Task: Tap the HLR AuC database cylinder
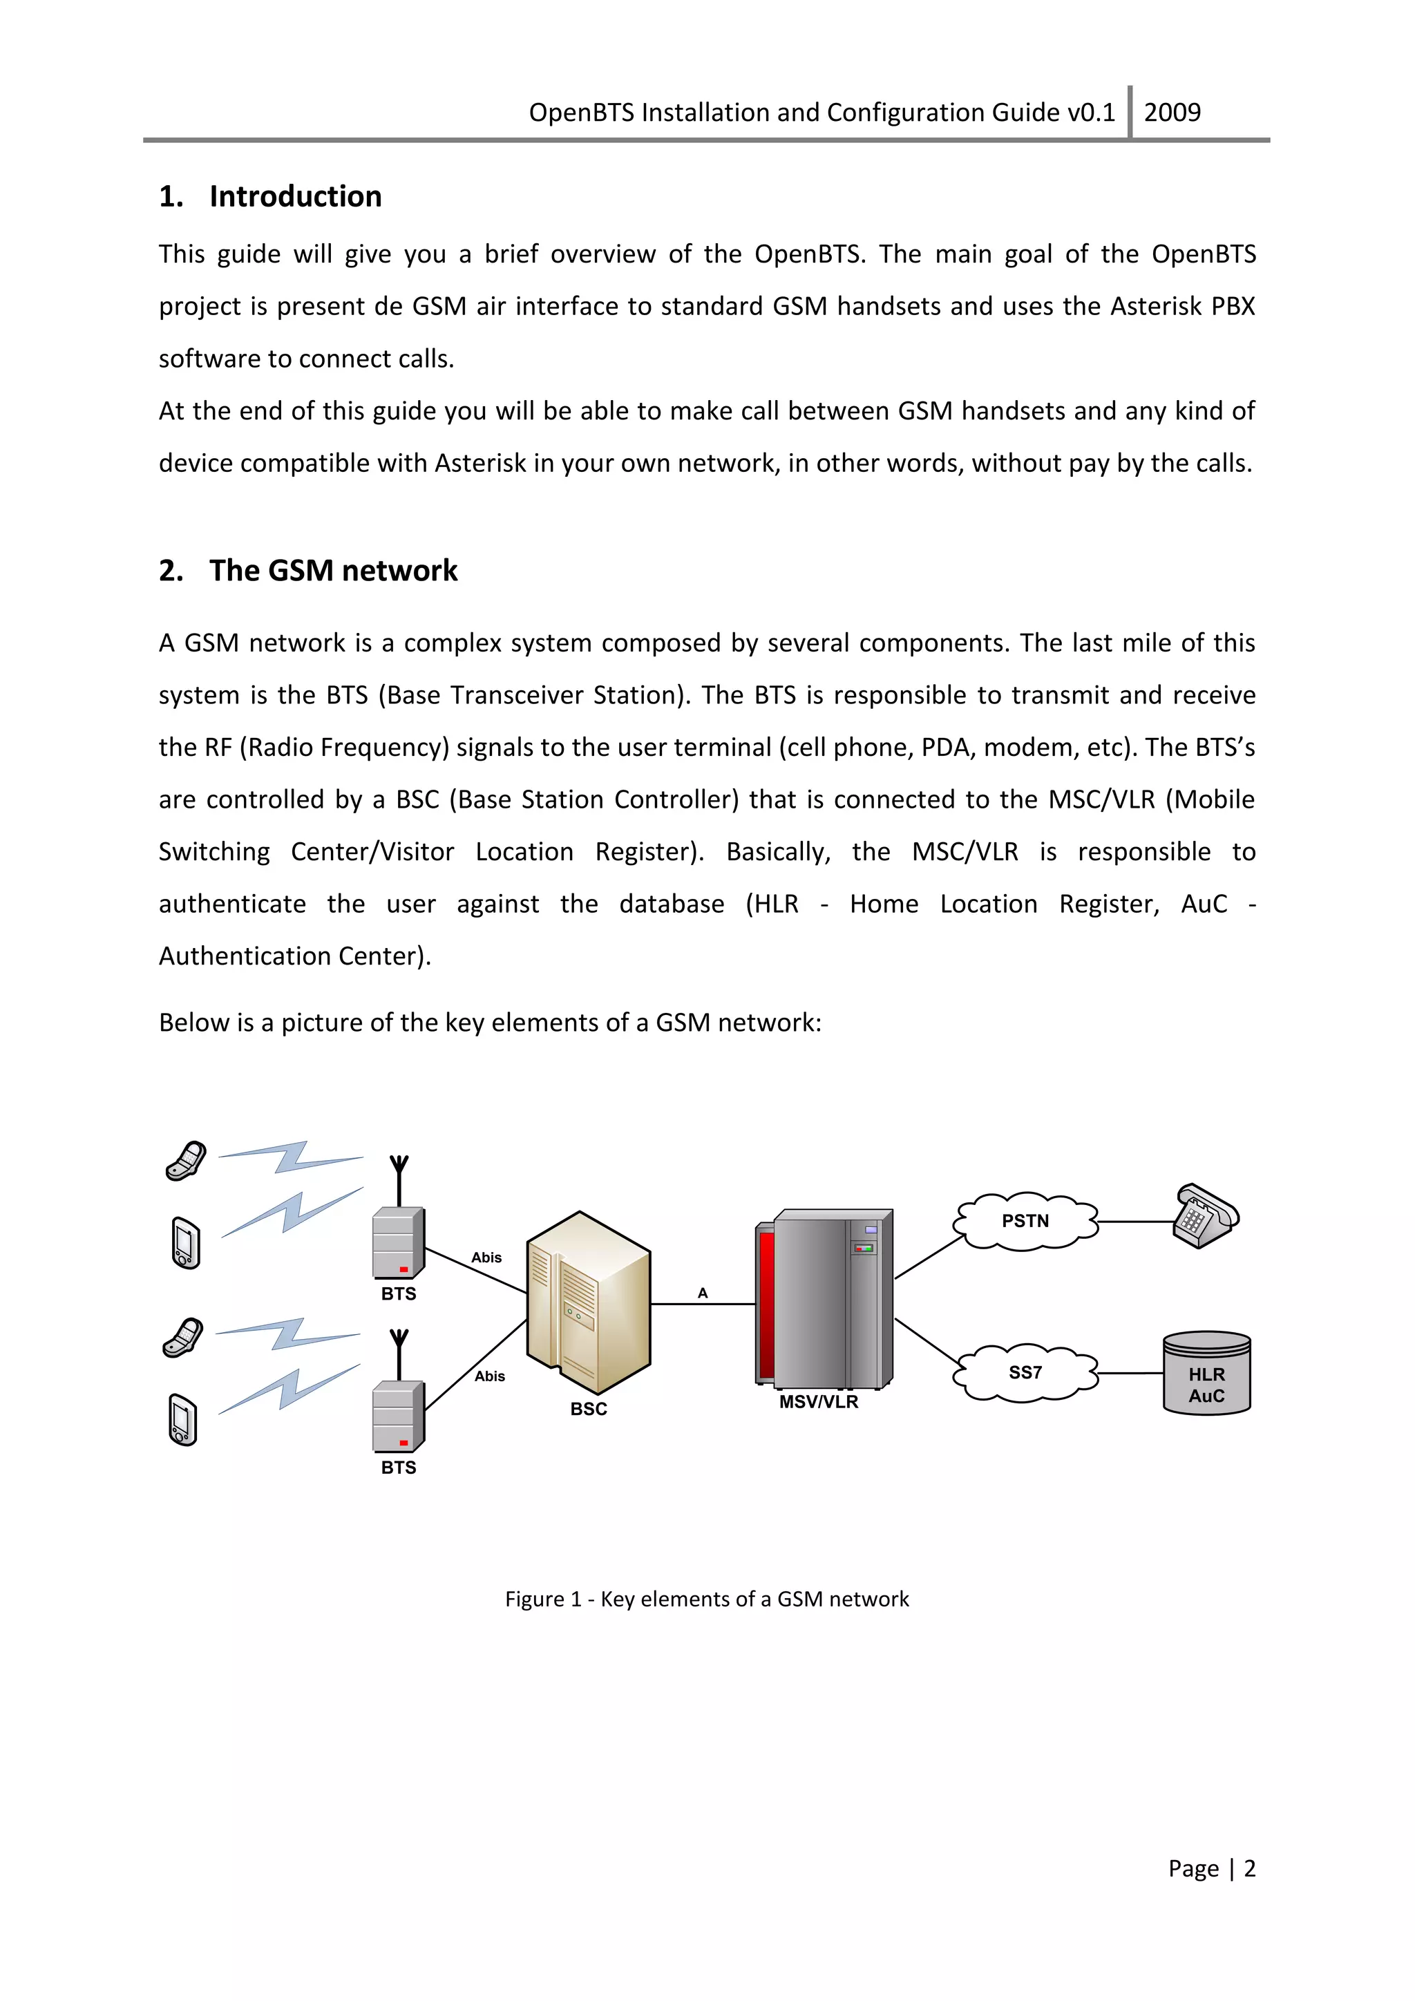pyautogui.click(x=1207, y=1374)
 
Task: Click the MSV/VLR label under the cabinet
pyautogui.click(x=818, y=1402)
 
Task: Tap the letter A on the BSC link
pyautogui.click(x=702, y=1293)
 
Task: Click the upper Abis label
pyautogui.click(x=486, y=1258)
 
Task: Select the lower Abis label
pyautogui.click(x=490, y=1376)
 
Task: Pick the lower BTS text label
pyautogui.click(x=398, y=1468)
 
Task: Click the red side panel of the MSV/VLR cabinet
pyautogui.click(x=766, y=1304)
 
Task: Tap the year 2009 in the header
pyautogui.click(x=1172, y=113)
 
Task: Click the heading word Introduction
pyautogui.click(x=296, y=197)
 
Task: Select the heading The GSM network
pyautogui.click(x=333, y=571)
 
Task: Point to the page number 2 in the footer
pyautogui.click(x=1249, y=1868)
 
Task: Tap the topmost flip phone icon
pyautogui.click(x=186, y=1160)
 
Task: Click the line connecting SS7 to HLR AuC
pyautogui.click(x=1130, y=1373)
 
